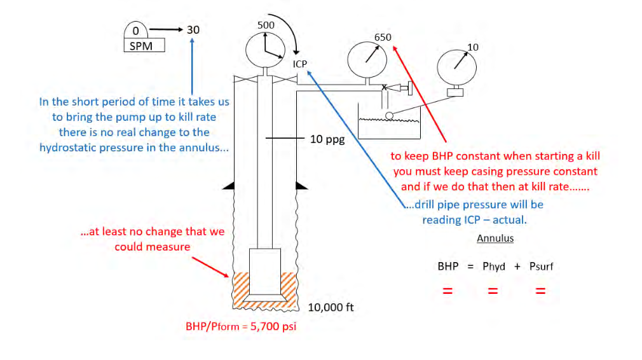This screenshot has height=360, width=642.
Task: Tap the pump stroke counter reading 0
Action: point(135,30)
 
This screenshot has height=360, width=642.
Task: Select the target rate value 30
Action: point(193,29)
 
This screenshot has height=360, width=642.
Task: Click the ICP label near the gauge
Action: point(300,64)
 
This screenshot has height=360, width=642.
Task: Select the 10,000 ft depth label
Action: point(331,307)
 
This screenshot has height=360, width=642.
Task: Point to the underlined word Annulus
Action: point(495,238)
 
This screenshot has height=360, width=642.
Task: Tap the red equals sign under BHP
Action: point(447,292)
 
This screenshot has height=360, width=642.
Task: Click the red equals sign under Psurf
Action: point(540,292)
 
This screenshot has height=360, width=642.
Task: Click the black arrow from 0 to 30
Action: point(167,30)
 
